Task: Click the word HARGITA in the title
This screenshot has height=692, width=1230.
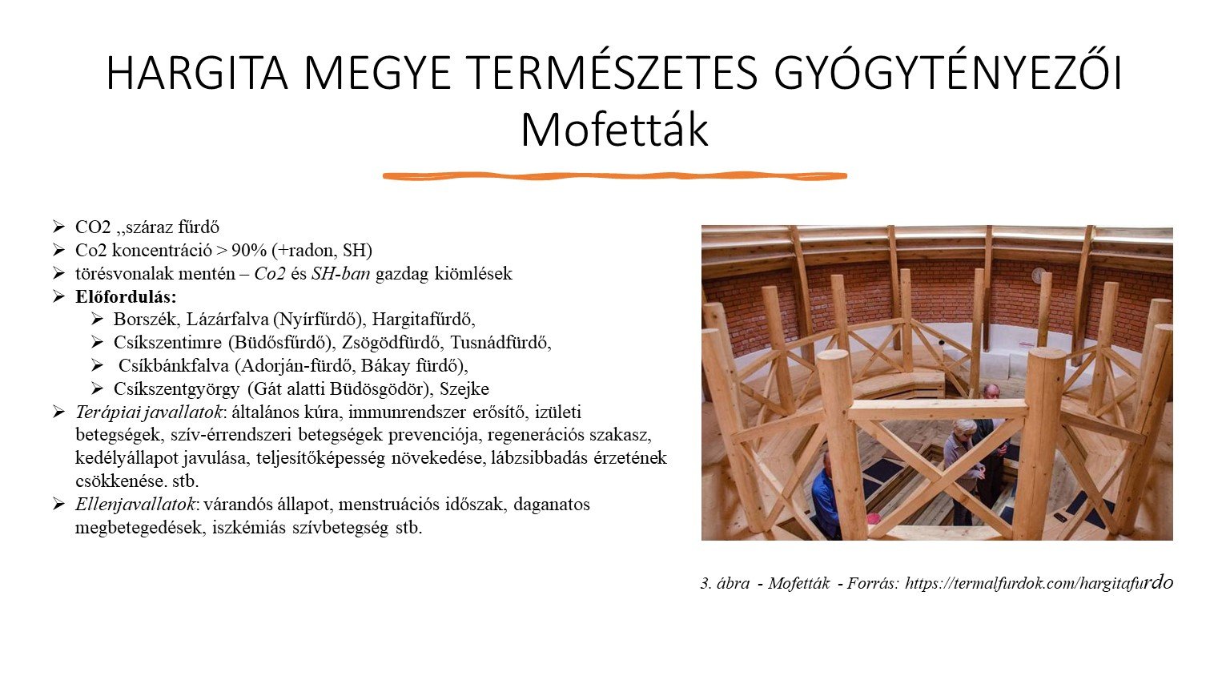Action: (x=196, y=74)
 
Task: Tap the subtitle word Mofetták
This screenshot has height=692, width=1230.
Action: (x=614, y=130)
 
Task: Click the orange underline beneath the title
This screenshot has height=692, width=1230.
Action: (x=614, y=175)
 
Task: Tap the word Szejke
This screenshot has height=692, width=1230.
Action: (x=464, y=388)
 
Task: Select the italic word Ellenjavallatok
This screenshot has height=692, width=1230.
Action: (x=135, y=505)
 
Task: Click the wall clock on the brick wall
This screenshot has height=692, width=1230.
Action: (x=1039, y=275)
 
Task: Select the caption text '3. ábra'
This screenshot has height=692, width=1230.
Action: (x=725, y=584)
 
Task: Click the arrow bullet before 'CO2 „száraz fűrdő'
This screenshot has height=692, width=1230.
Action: (x=58, y=227)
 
